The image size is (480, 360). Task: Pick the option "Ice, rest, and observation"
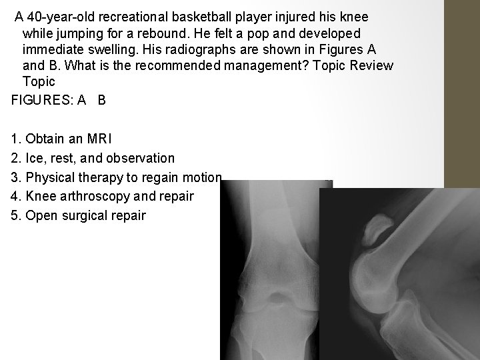(x=93, y=159)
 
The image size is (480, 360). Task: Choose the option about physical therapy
(x=116, y=177)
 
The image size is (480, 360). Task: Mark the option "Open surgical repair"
(x=78, y=216)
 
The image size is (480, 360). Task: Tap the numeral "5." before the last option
(x=16, y=216)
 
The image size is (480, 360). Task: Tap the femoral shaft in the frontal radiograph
(x=267, y=213)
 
